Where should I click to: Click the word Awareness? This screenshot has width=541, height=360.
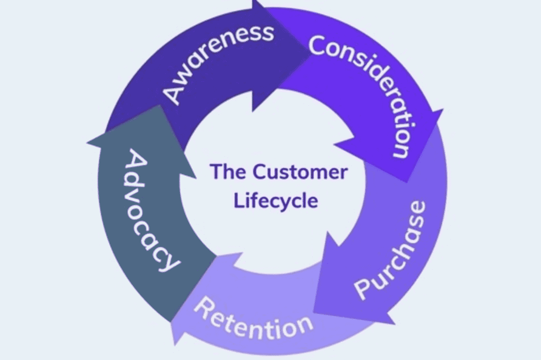[218, 61]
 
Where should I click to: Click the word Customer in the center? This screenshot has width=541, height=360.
[300, 172]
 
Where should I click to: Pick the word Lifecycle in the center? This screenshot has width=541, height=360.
[276, 200]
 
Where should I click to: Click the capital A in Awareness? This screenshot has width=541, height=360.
[173, 94]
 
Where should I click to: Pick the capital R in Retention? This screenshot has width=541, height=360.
[203, 307]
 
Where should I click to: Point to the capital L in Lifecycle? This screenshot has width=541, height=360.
[238, 200]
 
